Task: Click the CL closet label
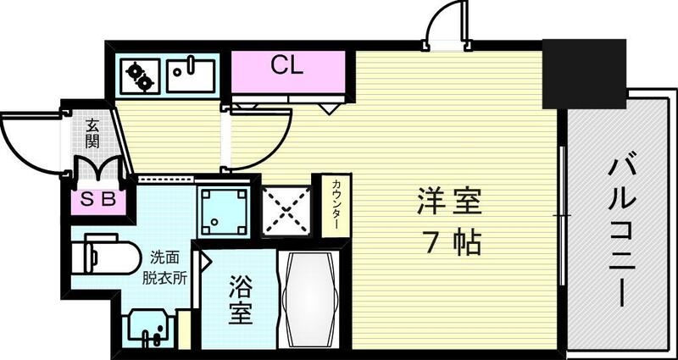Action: tap(287, 65)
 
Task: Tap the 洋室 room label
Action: tap(448, 204)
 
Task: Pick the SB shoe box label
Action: tap(98, 202)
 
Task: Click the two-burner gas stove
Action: tap(140, 76)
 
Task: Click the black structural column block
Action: tap(584, 74)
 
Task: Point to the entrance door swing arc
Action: tap(30, 144)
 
